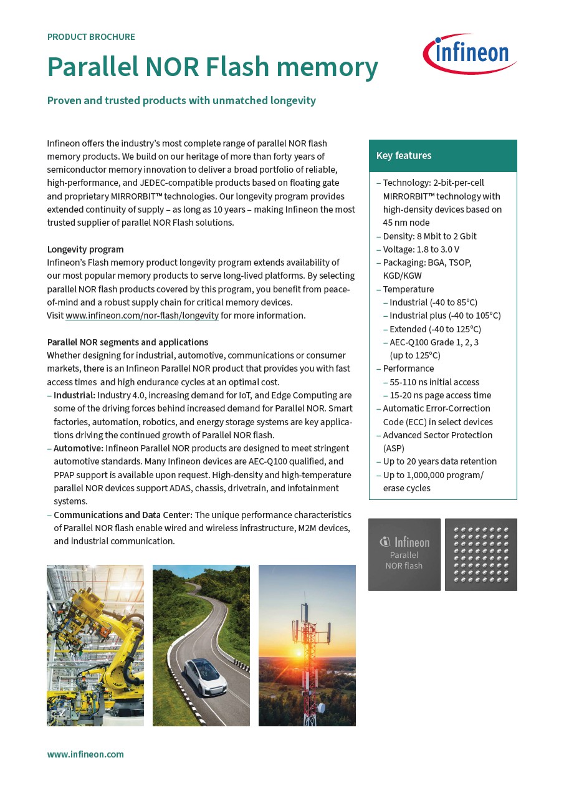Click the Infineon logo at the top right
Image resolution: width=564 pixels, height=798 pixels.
point(470,54)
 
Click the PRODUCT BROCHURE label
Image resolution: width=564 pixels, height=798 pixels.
point(91,37)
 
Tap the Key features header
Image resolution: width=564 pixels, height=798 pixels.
point(404,155)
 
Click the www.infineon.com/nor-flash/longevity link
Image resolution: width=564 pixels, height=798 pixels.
point(142,315)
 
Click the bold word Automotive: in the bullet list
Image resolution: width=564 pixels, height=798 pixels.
point(79,448)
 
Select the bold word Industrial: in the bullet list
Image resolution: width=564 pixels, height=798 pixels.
point(74,395)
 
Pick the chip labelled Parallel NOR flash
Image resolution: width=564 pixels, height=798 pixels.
point(404,554)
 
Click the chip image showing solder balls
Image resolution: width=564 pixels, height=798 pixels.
point(480,554)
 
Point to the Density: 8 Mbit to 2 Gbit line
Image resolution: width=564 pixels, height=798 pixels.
point(429,236)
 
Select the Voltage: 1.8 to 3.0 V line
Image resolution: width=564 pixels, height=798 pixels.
point(421,249)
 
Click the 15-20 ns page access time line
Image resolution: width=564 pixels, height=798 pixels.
point(440,395)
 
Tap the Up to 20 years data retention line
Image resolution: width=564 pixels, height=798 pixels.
point(439,461)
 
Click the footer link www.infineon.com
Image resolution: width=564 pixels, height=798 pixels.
point(85,754)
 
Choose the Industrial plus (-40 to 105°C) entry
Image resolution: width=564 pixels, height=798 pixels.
point(445,315)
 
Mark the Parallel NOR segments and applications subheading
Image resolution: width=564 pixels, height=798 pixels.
point(128,342)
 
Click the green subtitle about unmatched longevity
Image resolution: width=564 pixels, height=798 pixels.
point(181,100)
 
